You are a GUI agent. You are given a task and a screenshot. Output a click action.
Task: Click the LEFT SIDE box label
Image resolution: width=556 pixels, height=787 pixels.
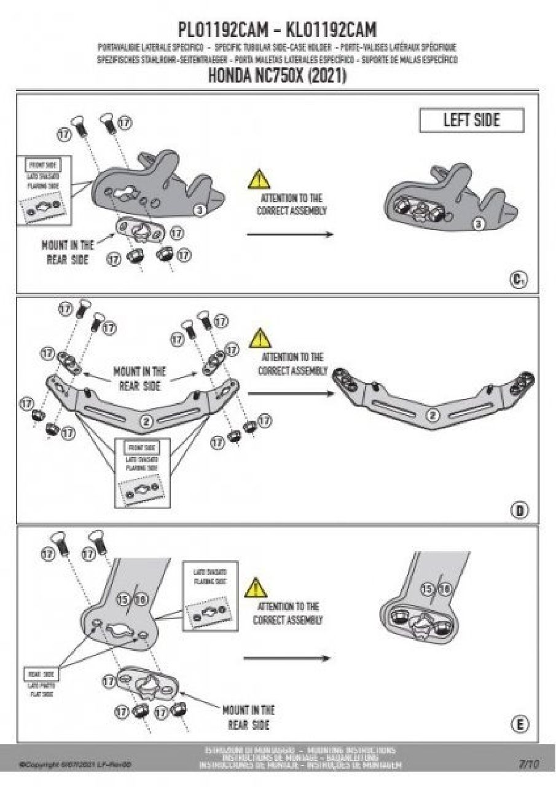click(471, 121)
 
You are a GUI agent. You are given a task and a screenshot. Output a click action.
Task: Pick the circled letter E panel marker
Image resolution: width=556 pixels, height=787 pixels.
click(519, 726)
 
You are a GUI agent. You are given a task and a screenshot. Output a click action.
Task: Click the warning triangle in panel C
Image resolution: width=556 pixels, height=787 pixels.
click(258, 179)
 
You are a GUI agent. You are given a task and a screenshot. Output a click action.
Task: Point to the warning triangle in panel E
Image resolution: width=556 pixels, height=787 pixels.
click(256, 588)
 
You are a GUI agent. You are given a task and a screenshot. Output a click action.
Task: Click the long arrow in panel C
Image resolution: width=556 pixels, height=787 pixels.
click(289, 234)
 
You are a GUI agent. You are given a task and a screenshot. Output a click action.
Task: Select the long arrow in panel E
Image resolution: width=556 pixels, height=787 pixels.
click(286, 658)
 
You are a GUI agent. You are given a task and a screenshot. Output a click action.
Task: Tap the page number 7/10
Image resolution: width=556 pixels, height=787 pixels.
click(528, 764)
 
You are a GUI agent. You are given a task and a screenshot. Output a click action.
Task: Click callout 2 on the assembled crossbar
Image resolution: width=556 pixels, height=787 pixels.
click(433, 416)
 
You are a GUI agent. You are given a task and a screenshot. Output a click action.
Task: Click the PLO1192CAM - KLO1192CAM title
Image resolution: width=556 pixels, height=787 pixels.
click(277, 29)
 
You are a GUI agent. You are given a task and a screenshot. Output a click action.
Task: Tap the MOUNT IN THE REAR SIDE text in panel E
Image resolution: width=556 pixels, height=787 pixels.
click(248, 718)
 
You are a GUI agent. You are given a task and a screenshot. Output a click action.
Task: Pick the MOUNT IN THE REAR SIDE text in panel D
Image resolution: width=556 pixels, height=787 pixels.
click(139, 379)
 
